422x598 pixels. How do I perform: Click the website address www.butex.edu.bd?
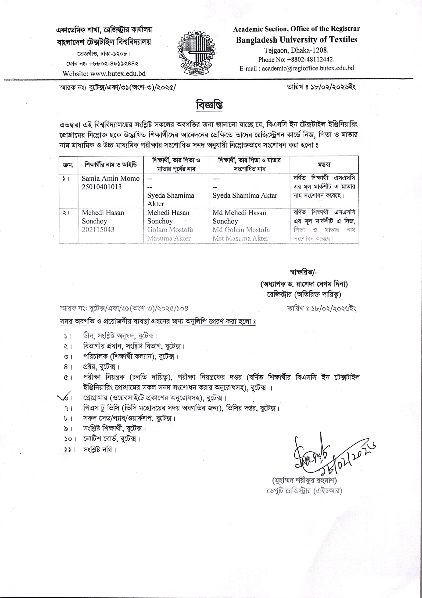[104, 73]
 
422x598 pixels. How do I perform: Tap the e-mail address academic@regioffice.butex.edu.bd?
[297, 68]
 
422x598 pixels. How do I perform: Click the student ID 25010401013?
[102, 187]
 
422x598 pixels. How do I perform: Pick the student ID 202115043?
[98, 230]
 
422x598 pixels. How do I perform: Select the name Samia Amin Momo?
[111, 179]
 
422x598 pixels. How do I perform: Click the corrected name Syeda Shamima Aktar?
[245, 196]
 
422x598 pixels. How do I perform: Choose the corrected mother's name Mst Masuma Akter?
[240, 238]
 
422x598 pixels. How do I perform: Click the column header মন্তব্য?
[324, 165]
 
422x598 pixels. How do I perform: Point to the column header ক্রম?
[68, 165]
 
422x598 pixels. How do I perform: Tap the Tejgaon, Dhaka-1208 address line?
[296, 50]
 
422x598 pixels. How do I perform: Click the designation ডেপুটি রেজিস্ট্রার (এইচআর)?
[304, 491]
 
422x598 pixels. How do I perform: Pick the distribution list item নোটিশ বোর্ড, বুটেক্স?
[111, 439]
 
